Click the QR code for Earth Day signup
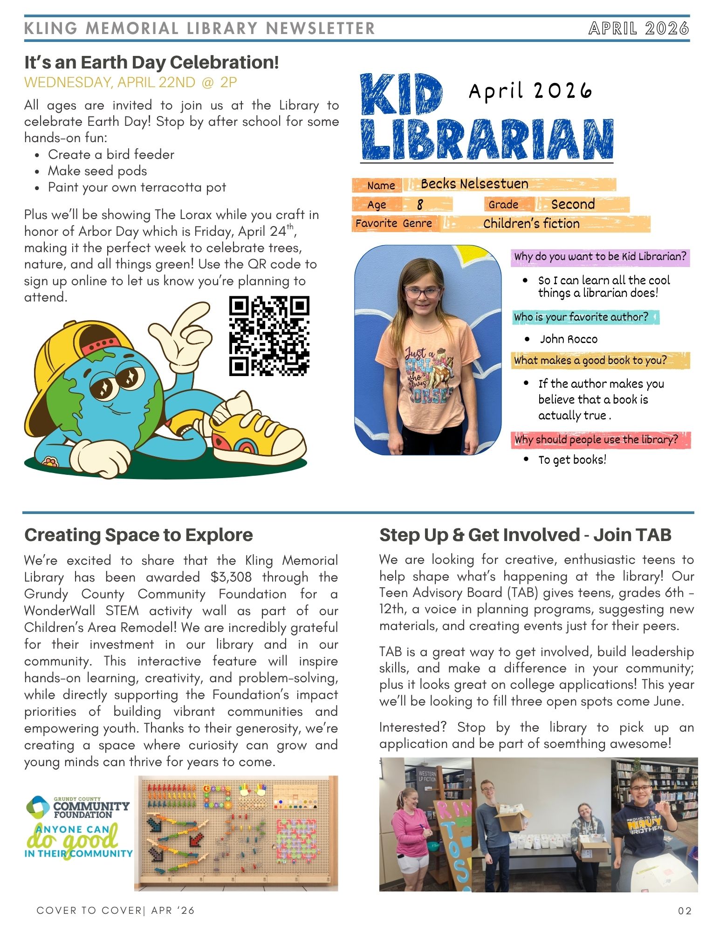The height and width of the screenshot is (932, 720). [x=269, y=336]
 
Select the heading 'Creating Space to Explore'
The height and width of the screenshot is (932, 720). [x=138, y=535]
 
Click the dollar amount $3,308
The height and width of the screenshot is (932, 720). [x=231, y=577]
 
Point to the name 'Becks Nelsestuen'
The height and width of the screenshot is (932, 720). [x=474, y=184]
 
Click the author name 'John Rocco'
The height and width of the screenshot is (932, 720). [x=569, y=339]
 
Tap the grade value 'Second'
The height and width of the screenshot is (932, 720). [x=573, y=204]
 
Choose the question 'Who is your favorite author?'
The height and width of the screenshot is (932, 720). [x=581, y=317]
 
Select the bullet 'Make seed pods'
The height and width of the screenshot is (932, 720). [x=97, y=171]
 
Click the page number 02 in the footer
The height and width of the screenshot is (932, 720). [x=685, y=911]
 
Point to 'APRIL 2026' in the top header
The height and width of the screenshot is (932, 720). [x=638, y=28]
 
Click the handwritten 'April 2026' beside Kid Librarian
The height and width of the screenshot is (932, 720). [x=530, y=91]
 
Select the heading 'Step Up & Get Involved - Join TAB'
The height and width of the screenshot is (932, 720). [x=525, y=535]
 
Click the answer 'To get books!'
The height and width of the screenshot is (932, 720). [x=572, y=460]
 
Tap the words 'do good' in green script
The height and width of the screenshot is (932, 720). [x=72, y=839]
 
